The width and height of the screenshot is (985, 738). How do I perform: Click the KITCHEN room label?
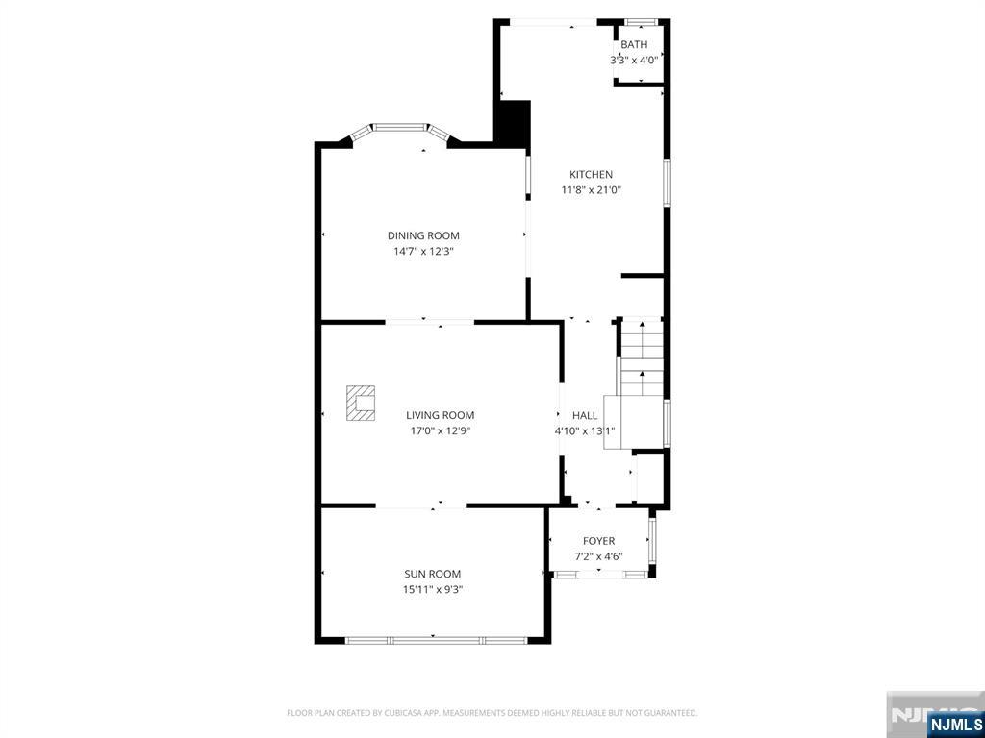click(591, 175)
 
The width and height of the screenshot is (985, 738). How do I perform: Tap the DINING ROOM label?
click(423, 236)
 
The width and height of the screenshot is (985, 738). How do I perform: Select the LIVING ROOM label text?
click(440, 415)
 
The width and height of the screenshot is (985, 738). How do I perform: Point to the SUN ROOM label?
click(432, 574)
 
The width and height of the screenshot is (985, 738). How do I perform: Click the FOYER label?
click(598, 541)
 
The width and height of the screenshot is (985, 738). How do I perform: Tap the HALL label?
click(585, 415)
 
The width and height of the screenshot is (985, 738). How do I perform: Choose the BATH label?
click(634, 44)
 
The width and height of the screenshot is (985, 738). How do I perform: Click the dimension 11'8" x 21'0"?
click(592, 190)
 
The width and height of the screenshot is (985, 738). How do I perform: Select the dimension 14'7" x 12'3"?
click(423, 252)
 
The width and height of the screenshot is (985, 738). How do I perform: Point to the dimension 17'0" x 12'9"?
click(440, 431)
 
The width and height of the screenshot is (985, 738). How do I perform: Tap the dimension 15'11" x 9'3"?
click(432, 590)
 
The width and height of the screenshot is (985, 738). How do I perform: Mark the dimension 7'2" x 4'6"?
click(598, 556)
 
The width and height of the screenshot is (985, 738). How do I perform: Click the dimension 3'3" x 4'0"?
click(634, 61)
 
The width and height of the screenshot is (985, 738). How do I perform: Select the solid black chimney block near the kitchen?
click(515, 124)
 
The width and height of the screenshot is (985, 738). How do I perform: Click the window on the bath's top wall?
click(641, 23)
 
